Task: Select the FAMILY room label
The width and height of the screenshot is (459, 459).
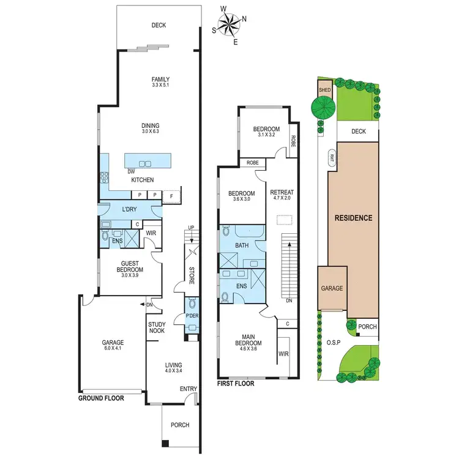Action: click(x=161, y=82)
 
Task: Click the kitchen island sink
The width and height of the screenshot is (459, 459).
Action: click(x=146, y=163)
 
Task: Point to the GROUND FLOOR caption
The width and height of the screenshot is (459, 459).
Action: click(x=101, y=398)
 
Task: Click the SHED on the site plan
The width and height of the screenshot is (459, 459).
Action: click(x=324, y=90)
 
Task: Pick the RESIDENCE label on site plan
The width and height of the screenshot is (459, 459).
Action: click(x=353, y=218)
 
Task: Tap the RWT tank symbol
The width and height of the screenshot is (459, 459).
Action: click(x=332, y=157)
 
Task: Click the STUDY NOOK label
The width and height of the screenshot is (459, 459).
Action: click(x=157, y=329)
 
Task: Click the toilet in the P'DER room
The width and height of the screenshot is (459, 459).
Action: click(x=193, y=303)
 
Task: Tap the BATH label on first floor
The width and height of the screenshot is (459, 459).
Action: click(x=242, y=246)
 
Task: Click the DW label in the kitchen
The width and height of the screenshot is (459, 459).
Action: click(x=131, y=172)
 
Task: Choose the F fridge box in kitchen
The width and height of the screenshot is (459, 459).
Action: click(x=172, y=195)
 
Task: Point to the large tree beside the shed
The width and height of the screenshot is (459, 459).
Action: click(x=323, y=108)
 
